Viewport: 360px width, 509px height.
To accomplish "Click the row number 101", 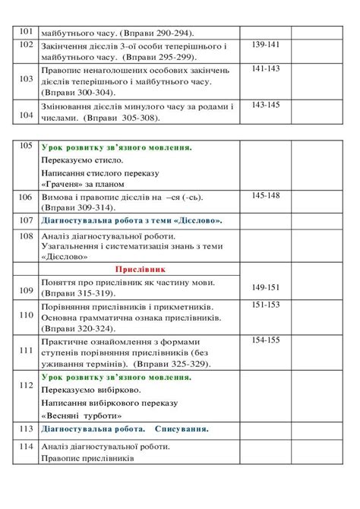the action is [x=26, y=32].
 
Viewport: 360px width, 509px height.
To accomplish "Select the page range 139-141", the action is [x=265, y=46].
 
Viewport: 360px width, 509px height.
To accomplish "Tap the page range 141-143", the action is [x=265, y=68].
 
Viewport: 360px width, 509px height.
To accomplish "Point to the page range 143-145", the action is [x=265, y=105].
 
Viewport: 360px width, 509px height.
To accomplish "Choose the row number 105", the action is [x=26, y=145].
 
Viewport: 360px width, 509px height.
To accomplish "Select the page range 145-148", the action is [x=265, y=195].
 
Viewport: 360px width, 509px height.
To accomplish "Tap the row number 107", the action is [x=26, y=220].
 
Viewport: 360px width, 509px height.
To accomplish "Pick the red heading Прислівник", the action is [x=141, y=270].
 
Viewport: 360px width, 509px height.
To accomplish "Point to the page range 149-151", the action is [x=265, y=286].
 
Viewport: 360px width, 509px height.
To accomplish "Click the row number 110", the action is [x=26, y=314].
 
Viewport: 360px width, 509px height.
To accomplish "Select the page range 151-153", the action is [x=265, y=304].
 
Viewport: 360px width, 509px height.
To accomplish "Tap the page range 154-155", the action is [x=265, y=340].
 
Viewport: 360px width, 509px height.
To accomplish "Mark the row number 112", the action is [x=26, y=386].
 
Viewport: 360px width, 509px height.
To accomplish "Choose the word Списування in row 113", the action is [x=182, y=429].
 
